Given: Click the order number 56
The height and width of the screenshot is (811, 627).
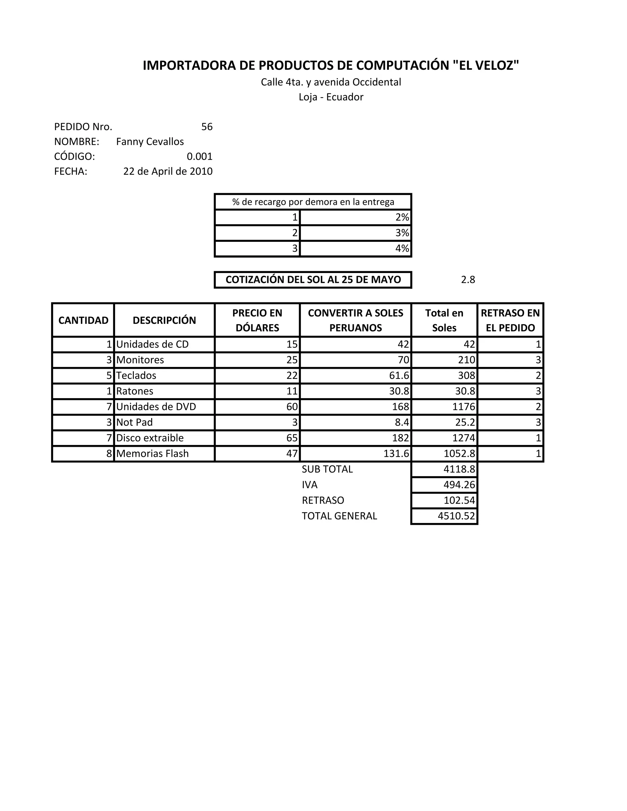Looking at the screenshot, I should click(207, 127).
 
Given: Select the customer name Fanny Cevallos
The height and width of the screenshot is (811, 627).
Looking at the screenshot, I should click(150, 142).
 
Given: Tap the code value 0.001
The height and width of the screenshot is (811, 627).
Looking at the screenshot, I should click(200, 157).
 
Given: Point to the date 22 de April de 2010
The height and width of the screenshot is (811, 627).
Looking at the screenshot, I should click(168, 172).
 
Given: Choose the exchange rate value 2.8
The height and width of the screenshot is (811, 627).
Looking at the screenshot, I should click(468, 280).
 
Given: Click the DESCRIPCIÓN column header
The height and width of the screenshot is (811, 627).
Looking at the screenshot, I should click(164, 320).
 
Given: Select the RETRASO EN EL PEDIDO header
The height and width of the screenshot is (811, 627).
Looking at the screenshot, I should click(510, 320).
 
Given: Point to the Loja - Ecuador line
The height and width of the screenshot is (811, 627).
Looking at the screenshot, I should click(331, 97).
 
